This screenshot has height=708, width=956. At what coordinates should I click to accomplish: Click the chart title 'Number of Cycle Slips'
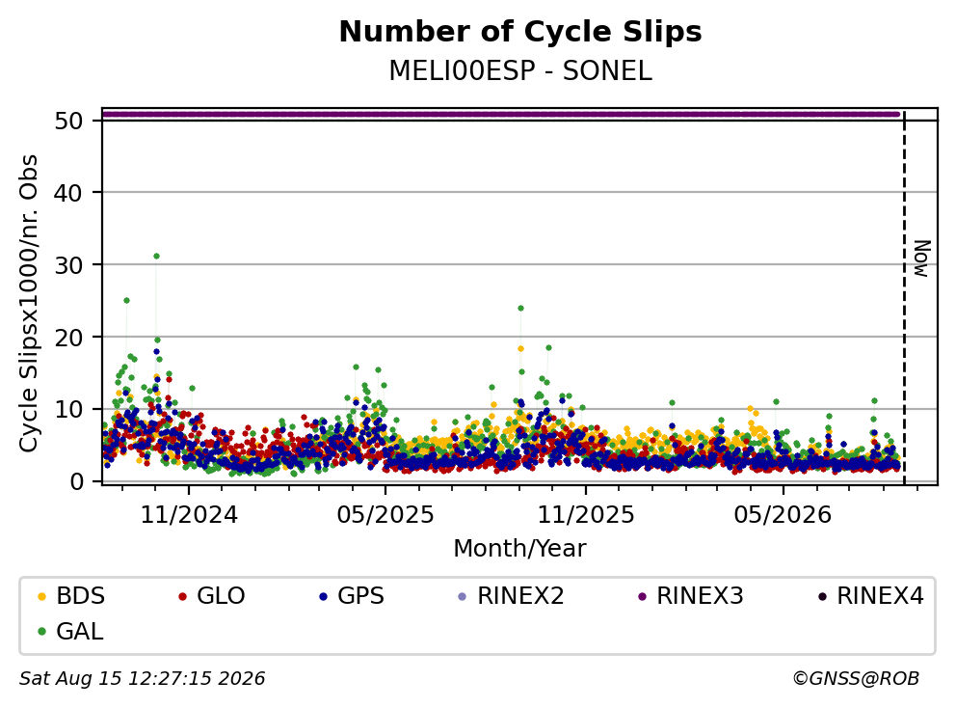click(x=520, y=32)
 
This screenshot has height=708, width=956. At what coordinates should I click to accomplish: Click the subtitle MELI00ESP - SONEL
click(x=520, y=70)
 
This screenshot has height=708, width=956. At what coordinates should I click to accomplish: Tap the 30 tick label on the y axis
click(x=68, y=265)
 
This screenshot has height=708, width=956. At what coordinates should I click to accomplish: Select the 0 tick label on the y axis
click(x=76, y=481)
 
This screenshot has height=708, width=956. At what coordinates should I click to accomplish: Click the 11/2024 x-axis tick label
click(x=189, y=515)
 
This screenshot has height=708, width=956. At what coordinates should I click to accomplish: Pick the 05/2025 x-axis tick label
click(x=385, y=515)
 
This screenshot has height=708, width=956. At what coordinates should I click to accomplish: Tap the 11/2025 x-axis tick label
click(x=585, y=515)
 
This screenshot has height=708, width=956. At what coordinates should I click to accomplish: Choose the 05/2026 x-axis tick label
click(x=783, y=515)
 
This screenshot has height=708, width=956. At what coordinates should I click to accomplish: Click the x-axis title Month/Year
click(x=520, y=549)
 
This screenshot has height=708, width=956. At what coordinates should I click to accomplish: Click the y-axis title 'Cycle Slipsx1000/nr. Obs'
click(x=29, y=303)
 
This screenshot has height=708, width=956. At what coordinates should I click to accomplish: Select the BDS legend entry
click(x=70, y=596)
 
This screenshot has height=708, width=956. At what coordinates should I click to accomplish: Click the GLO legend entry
click(x=212, y=596)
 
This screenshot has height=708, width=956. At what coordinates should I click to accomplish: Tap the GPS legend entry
click(x=352, y=596)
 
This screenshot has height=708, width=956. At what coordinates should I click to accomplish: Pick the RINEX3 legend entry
click(x=691, y=596)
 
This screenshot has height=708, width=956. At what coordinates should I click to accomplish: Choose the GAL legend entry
click(x=70, y=632)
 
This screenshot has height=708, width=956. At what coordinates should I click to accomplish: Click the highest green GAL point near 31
click(x=157, y=257)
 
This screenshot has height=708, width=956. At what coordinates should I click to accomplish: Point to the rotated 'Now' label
click(x=922, y=259)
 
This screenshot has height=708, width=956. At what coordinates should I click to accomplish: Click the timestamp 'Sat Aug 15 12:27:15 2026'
click(x=142, y=679)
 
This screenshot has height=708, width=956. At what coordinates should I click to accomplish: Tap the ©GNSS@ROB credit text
click(x=856, y=679)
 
